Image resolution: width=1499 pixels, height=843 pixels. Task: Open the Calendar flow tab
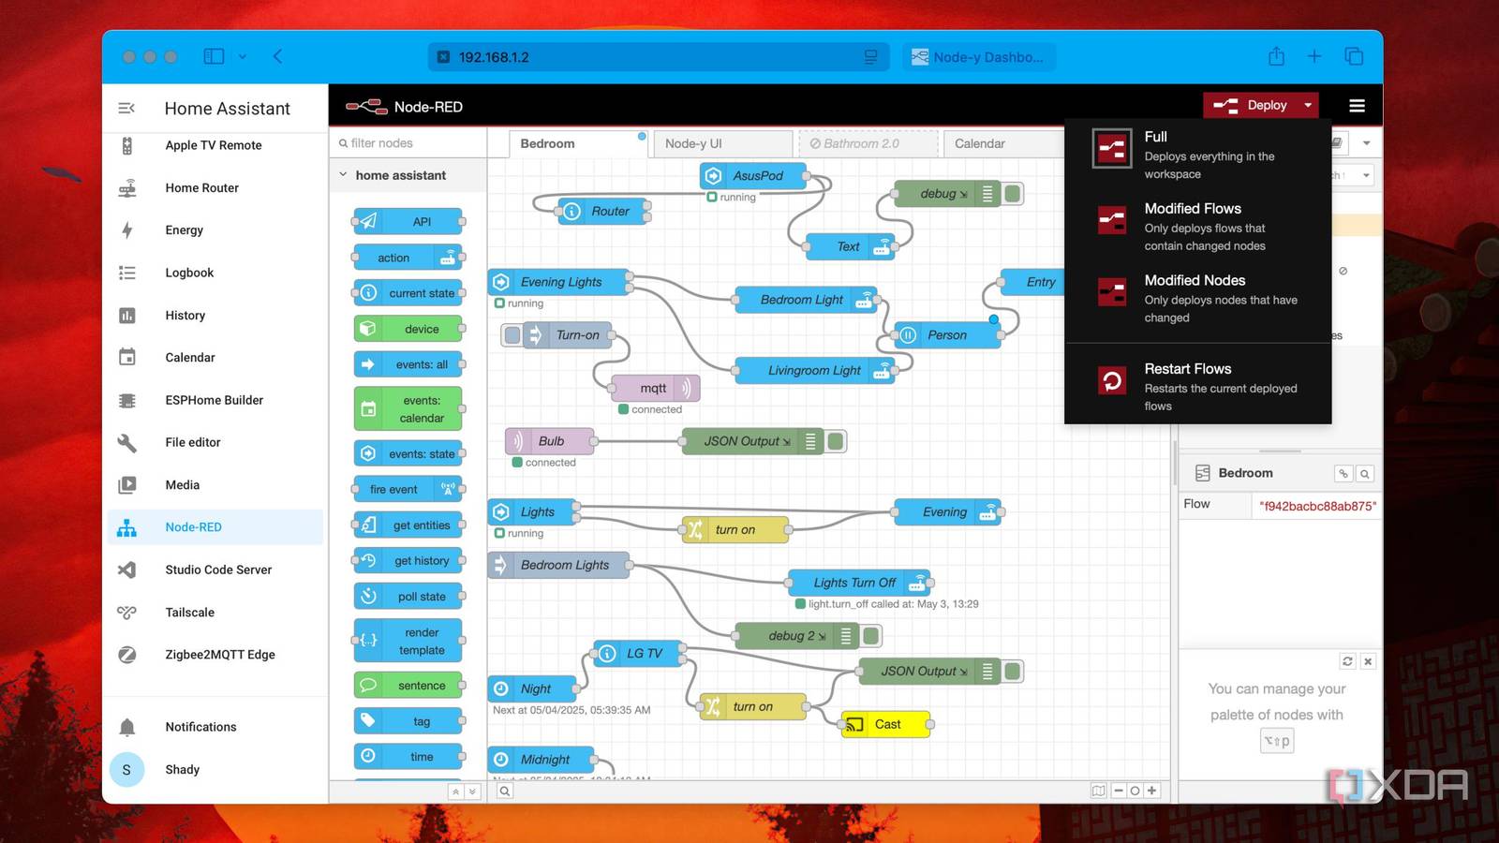click(x=979, y=143)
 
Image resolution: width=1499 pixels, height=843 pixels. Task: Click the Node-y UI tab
click(x=693, y=143)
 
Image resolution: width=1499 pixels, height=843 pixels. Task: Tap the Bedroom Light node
click(x=803, y=300)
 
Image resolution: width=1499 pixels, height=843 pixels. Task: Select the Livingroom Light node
click(x=813, y=371)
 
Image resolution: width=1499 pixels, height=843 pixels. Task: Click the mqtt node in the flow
click(x=654, y=388)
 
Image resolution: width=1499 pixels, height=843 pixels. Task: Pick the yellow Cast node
click(x=886, y=724)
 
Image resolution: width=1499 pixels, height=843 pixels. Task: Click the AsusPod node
click(x=756, y=176)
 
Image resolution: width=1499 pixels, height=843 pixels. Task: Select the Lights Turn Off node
click(x=854, y=583)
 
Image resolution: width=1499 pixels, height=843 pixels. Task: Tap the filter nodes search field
click(x=408, y=143)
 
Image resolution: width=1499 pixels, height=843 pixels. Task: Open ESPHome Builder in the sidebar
click(x=214, y=400)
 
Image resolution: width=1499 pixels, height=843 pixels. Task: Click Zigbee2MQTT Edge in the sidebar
click(x=219, y=655)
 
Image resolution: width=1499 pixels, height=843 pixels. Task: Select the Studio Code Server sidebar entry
click(x=217, y=569)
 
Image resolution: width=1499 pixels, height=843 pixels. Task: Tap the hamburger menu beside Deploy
click(x=1357, y=106)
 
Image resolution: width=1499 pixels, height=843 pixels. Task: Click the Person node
click(x=946, y=335)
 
